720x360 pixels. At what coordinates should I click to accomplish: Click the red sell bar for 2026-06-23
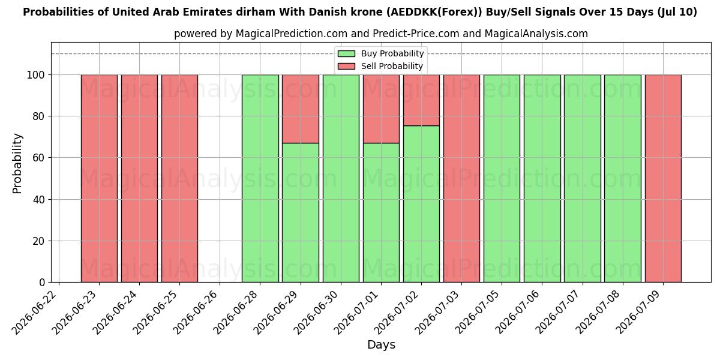click(x=99, y=178)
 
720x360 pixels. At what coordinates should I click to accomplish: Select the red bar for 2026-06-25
click(x=179, y=178)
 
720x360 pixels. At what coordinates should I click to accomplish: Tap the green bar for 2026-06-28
click(x=260, y=178)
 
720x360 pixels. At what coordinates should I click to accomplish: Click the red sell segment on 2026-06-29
click(x=301, y=109)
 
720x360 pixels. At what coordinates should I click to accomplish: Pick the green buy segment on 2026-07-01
click(x=381, y=213)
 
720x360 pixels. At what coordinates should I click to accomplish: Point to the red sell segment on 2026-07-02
click(x=421, y=100)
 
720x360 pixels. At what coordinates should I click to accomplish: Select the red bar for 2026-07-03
click(x=461, y=178)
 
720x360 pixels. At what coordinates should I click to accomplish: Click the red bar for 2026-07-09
click(x=663, y=178)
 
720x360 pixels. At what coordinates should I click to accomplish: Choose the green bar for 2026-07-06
click(x=542, y=178)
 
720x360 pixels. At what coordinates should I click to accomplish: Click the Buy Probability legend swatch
click(x=347, y=53)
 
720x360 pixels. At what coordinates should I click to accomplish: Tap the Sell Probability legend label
click(x=392, y=66)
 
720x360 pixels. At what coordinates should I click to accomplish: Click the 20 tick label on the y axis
click(x=38, y=241)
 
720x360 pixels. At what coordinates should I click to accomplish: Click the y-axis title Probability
click(x=17, y=163)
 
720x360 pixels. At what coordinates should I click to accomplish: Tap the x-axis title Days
click(x=381, y=345)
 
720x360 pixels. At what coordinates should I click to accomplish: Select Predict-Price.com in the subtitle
click(x=416, y=34)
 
